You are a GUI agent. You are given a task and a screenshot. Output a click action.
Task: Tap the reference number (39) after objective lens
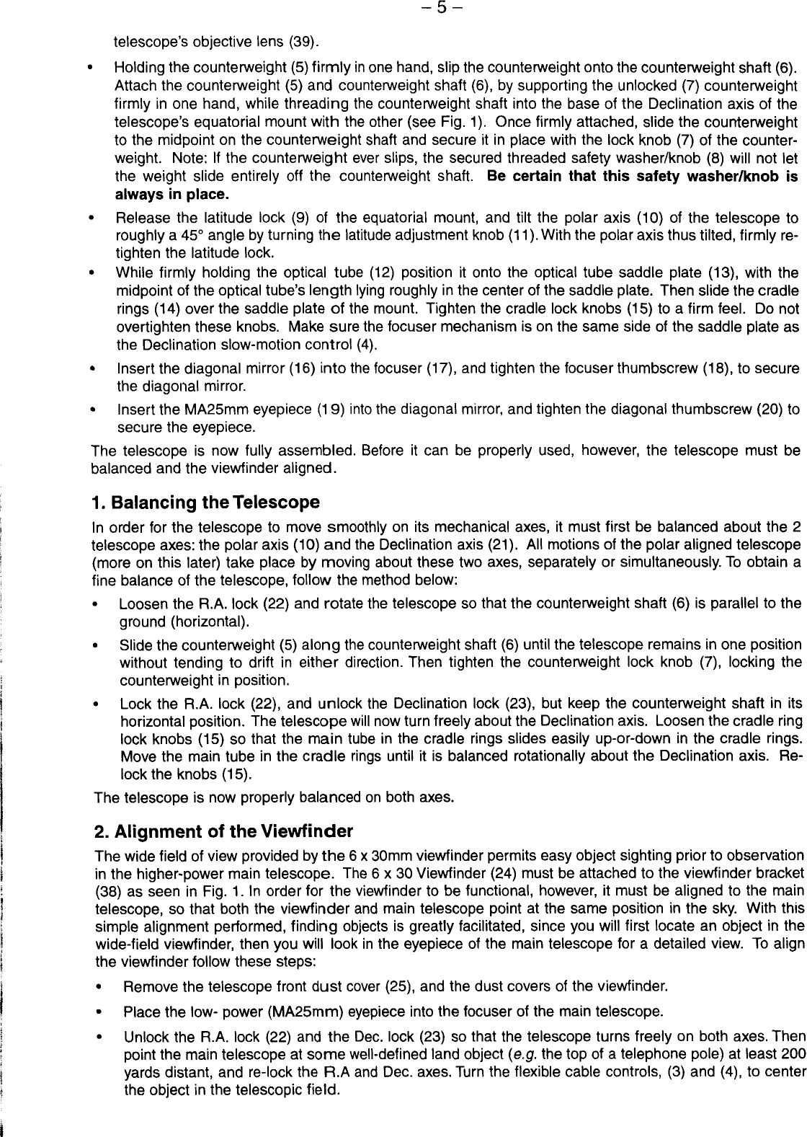(306, 40)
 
